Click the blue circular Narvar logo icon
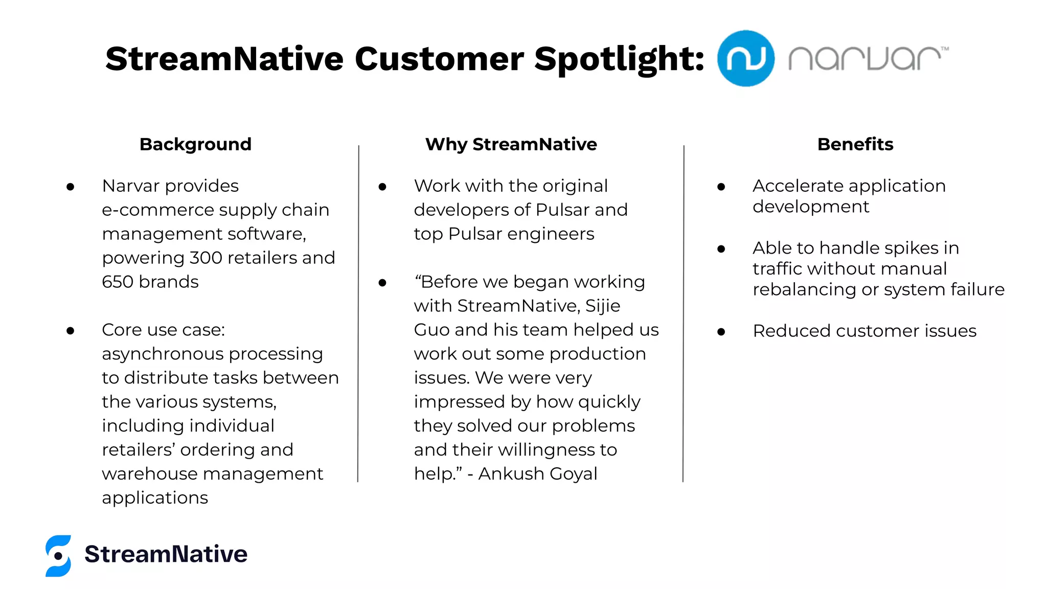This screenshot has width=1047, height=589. (745, 58)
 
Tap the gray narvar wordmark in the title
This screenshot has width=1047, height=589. (867, 58)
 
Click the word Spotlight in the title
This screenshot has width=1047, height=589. (619, 59)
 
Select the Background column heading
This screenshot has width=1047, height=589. (195, 144)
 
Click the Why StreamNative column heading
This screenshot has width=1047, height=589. (511, 144)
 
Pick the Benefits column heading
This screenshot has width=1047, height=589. (855, 144)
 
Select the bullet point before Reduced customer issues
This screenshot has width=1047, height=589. (721, 332)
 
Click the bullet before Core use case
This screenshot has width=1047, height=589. (71, 331)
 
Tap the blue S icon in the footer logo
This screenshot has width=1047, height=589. (58, 555)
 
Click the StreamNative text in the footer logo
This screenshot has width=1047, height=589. (166, 554)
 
